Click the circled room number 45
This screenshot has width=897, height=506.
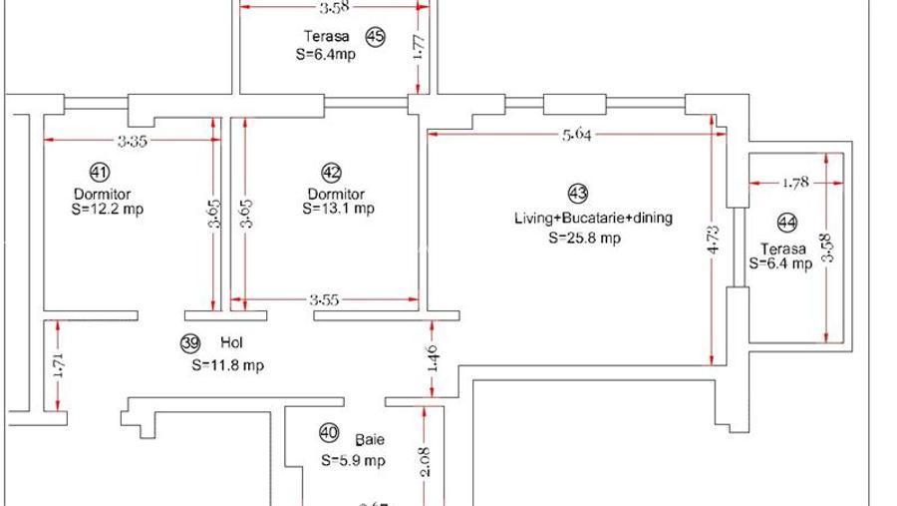[x=375, y=38]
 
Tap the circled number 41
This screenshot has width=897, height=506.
[x=99, y=171]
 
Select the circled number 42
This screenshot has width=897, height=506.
[x=333, y=171]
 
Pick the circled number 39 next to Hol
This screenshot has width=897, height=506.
[x=190, y=343]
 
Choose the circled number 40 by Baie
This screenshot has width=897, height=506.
[x=328, y=432]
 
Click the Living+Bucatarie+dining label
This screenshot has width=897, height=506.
[x=593, y=218]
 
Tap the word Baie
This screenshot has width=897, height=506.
[x=370, y=439]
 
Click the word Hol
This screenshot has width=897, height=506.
[x=230, y=342]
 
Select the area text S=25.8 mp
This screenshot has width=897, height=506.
[x=584, y=239]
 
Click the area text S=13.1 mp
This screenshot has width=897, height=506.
[x=338, y=210]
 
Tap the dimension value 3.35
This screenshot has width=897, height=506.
[x=132, y=141]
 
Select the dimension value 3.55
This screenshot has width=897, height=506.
[x=323, y=298]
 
